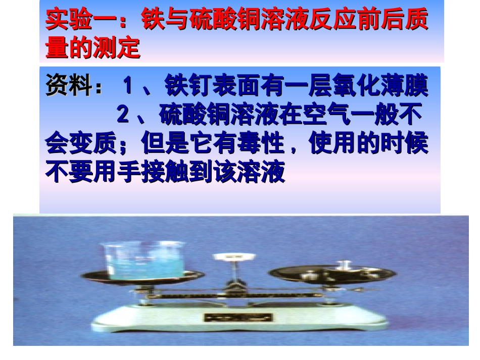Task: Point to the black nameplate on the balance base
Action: (238, 318)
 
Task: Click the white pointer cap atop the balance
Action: (232, 257)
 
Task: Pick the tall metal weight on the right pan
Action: (346, 265)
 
